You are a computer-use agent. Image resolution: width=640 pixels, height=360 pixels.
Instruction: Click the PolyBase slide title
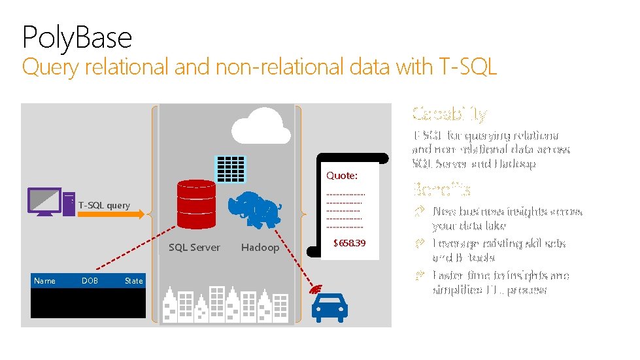pyautogui.click(x=77, y=37)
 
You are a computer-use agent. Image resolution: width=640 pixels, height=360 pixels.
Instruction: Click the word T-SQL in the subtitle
pyautogui.click(x=465, y=67)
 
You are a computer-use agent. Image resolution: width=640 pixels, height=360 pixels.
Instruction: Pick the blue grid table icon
pyautogui.click(x=230, y=169)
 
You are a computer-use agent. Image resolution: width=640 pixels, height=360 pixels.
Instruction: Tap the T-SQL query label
pyautogui.click(x=104, y=206)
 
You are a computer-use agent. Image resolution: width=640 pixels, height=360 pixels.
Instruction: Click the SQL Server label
pyautogui.click(x=194, y=248)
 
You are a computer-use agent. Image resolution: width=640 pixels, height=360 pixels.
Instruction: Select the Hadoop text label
pyautogui.click(x=260, y=248)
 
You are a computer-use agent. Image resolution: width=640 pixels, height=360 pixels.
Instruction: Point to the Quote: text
pyautogui.click(x=342, y=176)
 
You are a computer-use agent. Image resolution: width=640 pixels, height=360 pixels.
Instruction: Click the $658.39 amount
pyautogui.click(x=350, y=243)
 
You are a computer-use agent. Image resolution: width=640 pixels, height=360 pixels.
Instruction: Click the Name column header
pyautogui.click(x=44, y=281)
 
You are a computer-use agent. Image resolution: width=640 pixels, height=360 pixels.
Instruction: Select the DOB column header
pyautogui.click(x=90, y=281)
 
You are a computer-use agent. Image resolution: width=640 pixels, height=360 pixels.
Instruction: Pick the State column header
pyautogui.click(x=133, y=281)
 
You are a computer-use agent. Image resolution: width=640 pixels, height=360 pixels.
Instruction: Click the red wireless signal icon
pyautogui.click(x=318, y=287)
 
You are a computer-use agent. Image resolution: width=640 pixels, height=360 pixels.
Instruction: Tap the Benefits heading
pyautogui.click(x=441, y=190)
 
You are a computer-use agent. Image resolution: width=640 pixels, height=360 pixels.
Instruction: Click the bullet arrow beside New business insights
pyautogui.click(x=420, y=211)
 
